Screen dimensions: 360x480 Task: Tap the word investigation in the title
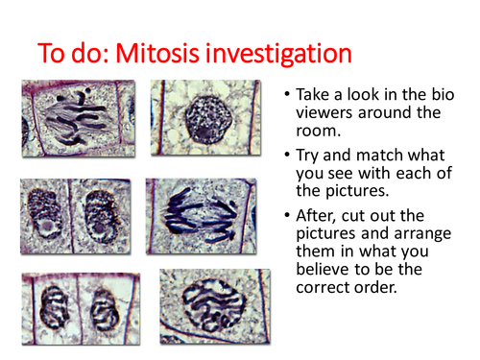[279, 52]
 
